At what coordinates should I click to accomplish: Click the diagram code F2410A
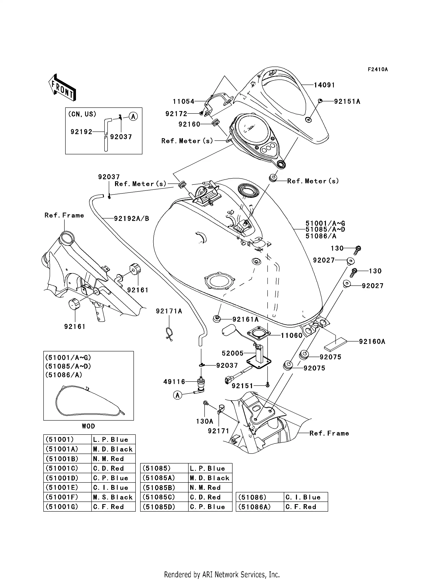click(x=378, y=69)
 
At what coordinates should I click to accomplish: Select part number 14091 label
click(x=324, y=85)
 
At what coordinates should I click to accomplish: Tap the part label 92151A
click(x=347, y=102)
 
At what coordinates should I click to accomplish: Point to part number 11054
click(x=184, y=102)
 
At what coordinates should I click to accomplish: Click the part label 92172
click(x=176, y=114)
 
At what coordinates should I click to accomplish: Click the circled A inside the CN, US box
click(x=133, y=116)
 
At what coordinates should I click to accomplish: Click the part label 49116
click(x=174, y=382)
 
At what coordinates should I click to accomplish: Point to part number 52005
click(x=232, y=353)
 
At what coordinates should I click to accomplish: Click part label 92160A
click(x=372, y=342)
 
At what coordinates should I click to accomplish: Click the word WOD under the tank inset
click(x=88, y=426)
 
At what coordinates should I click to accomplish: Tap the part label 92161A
click(x=245, y=319)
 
